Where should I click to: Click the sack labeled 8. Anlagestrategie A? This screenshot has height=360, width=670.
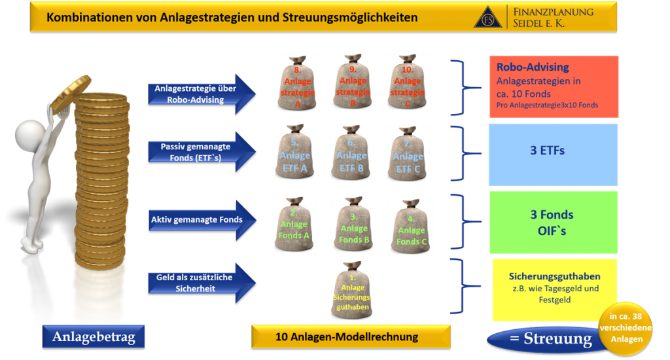[x=296, y=84]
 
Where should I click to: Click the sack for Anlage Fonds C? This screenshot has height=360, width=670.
[x=410, y=226]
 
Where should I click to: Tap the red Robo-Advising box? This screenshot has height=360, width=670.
[x=554, y=86]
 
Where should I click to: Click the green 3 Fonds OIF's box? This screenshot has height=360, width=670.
[x=554, y=222]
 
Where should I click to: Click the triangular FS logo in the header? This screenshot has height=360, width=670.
[x=487, y=18]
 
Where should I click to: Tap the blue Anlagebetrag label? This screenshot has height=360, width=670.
[x=93, y=338]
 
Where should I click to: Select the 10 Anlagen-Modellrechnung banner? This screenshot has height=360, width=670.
[x=351, y=338]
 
